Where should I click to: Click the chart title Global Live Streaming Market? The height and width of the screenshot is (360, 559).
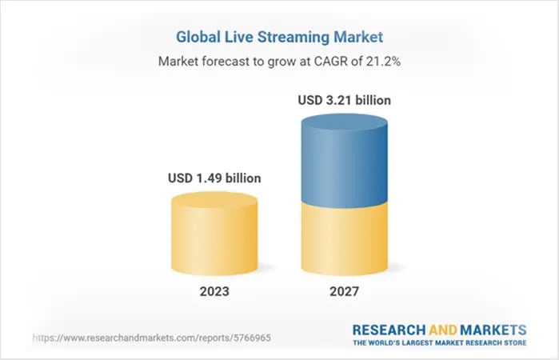(280, 36)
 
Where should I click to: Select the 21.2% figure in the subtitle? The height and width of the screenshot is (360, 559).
(381, 61)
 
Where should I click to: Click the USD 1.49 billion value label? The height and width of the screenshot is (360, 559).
(214, 178)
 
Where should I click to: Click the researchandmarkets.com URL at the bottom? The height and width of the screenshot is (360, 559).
(152, 338)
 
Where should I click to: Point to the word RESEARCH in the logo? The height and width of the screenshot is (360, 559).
(386, 329)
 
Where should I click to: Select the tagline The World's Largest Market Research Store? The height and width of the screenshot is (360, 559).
(439, 343)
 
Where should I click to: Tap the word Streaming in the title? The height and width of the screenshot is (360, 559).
(304, 36)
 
